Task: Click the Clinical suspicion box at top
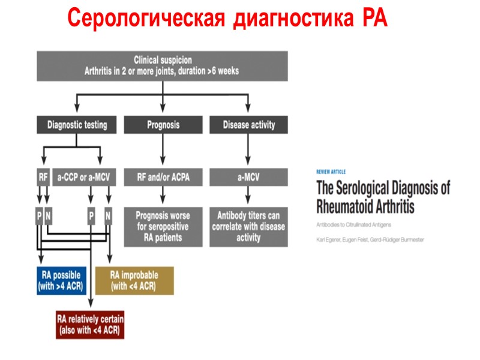point(162,65)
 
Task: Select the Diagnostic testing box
point(77,125)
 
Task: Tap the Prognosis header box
point(163,125)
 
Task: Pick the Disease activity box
point(248,125)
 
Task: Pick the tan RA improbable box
point(134,281)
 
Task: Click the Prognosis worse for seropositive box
point(163,226)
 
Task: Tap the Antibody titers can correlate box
point(248,226)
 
